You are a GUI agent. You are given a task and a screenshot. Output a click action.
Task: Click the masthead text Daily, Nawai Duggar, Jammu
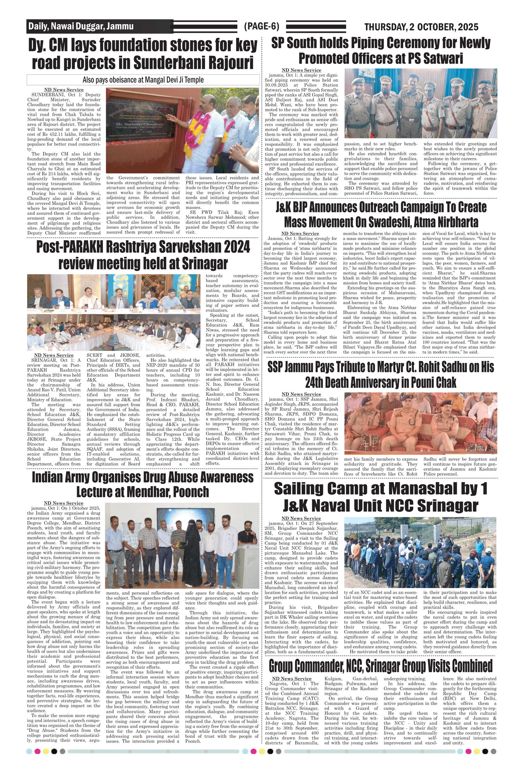81,26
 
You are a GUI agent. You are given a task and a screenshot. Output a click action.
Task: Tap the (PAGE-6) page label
261,26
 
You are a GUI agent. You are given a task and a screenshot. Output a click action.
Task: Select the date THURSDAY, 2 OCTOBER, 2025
421,27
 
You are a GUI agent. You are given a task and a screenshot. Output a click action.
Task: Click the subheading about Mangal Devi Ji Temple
143,80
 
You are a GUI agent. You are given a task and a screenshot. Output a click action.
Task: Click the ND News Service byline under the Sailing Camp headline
301,518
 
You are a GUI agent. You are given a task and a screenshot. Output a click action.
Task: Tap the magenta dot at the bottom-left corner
37,751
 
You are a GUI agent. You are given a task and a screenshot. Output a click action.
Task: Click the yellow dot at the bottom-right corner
477,751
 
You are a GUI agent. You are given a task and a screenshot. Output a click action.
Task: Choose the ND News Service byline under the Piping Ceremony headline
301,70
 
